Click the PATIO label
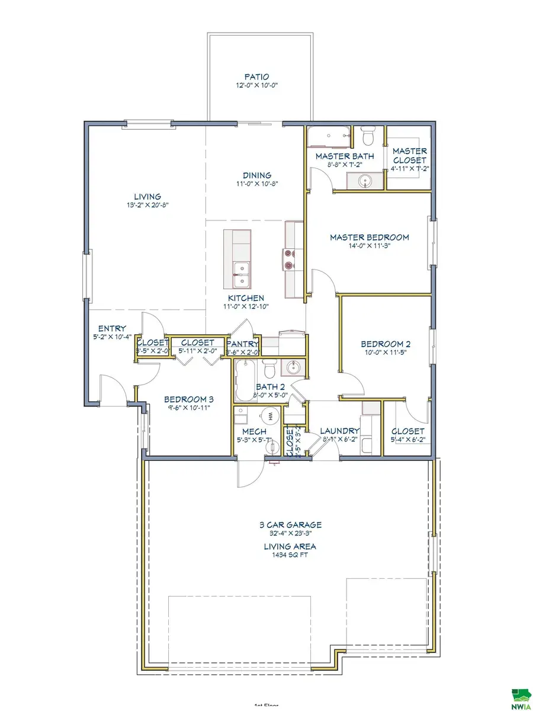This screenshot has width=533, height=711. pos(256,76)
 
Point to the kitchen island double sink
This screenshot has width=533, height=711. pos(240,270)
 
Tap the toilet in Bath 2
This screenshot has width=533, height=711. pos(269,370)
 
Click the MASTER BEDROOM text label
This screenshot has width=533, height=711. pos(369,237)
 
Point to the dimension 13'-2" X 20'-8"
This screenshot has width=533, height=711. pos(147,206)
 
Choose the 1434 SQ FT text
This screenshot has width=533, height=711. pos(290,555)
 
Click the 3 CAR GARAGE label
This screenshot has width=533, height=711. pos(290,524)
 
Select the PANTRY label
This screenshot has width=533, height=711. pos(243,343)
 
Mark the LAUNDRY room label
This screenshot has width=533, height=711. pos(339,431)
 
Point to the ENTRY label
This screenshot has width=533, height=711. pos(112,328)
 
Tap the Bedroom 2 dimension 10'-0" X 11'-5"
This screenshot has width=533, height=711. pos(386,352)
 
